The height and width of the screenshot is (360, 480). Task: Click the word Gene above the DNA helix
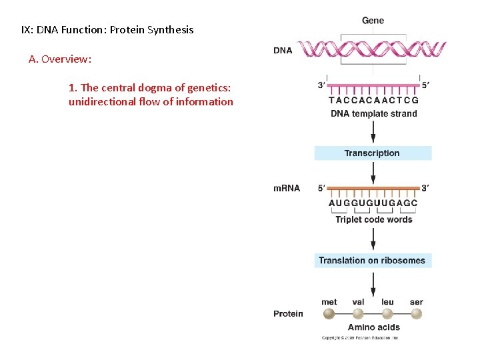(x=373, y=21)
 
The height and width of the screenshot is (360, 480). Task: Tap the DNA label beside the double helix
(x=283, y=50)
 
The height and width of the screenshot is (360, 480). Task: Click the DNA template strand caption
(x=373, y=114)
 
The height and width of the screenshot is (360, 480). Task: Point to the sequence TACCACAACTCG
(x=373, y=101)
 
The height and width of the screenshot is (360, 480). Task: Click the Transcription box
(x=373, y=153)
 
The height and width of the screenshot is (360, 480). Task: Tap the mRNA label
(x=287, y=188)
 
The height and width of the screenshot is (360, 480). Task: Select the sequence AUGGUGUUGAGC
(x=373, y=203)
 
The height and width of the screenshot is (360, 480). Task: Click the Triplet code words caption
(x=373, y=219)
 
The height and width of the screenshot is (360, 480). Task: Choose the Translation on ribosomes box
(x=373, y=261)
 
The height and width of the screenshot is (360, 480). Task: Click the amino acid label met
(x=329, y=302)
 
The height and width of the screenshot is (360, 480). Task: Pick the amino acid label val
(x=358, y=302)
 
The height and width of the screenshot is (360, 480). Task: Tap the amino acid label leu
(x=387, y=302)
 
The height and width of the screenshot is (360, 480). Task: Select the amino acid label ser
(x=417, y=302)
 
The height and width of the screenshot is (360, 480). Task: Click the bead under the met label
(x=329, y=314)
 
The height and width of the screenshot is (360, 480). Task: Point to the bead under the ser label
(x=417, y=314)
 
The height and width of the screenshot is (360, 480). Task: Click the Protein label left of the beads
(x=288, y=314)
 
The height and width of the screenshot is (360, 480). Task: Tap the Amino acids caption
(x=373, y=327)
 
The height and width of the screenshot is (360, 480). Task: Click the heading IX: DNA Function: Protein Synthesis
(x=107, y=30)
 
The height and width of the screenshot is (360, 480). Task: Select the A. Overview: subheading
(x=60, y=59)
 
